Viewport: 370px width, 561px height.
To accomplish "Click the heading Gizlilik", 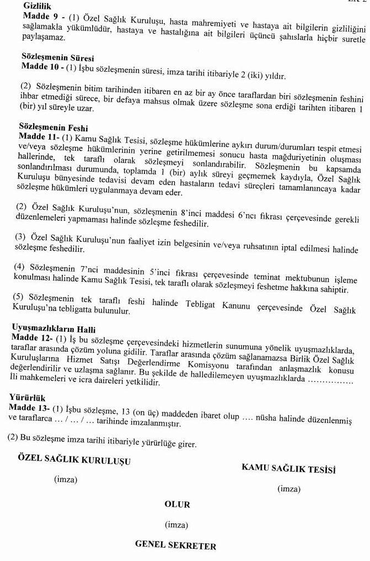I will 37,6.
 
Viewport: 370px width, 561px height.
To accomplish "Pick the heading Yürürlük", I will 27,398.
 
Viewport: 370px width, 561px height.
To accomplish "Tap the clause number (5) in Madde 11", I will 19,297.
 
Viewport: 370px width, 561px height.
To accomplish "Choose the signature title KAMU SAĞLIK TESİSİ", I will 288,469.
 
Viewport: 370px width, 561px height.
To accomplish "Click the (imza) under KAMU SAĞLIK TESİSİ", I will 289,489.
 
